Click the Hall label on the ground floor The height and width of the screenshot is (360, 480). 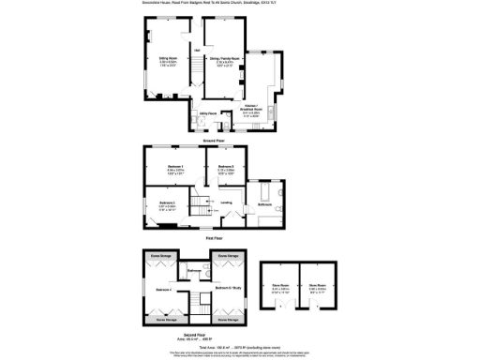tap(197, 49)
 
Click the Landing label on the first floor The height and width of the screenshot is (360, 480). tap(226, 202)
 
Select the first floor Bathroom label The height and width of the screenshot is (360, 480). tap(265, 203)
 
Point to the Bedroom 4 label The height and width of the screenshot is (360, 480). tap(161, 288)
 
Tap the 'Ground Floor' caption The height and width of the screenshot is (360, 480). tap(214, 138)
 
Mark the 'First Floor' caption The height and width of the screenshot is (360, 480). tap(214, 239)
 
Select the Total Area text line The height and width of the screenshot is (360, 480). tap(240, 347)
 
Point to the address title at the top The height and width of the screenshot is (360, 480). tap(239, 5)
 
